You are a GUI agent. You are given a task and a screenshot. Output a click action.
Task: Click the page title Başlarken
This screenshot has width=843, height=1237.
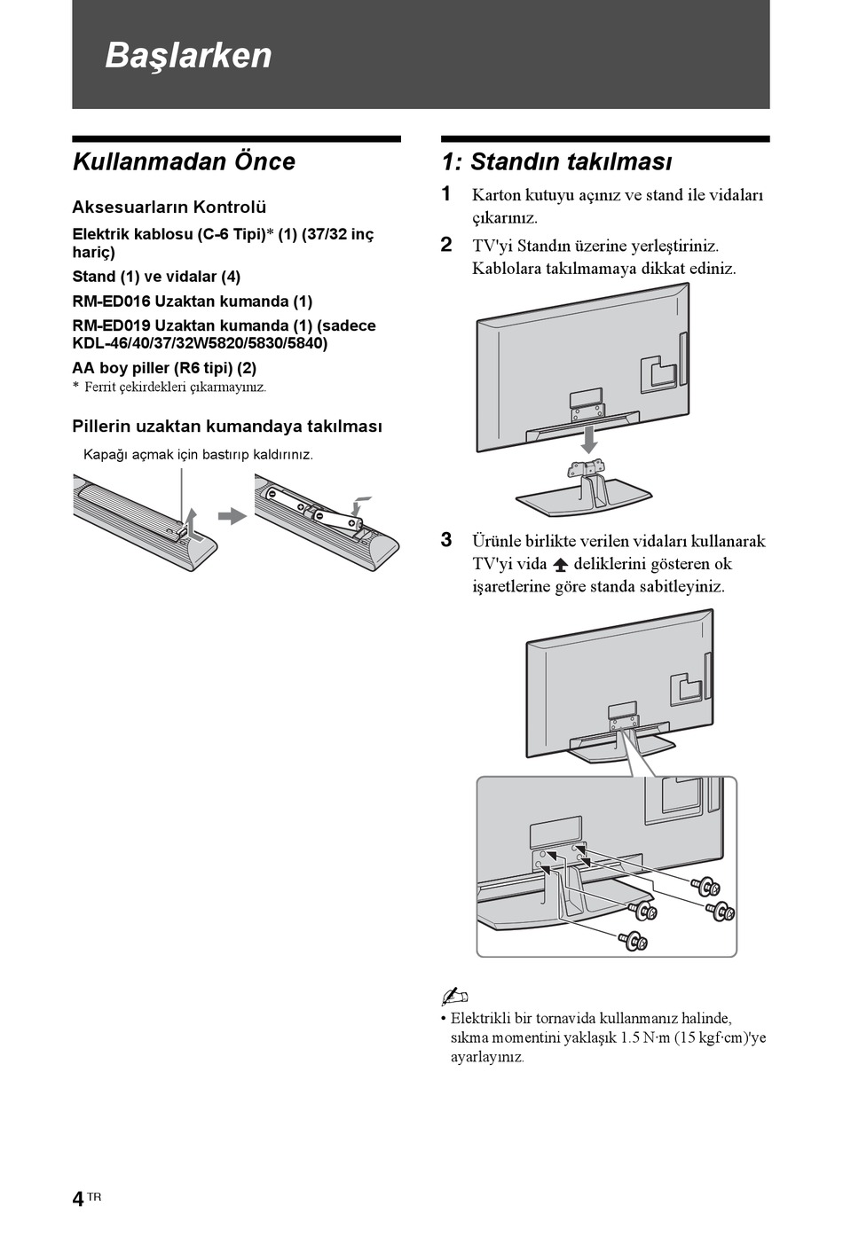coord(188,55)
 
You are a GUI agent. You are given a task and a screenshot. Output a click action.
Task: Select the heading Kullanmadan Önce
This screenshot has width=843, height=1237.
coord(183,161)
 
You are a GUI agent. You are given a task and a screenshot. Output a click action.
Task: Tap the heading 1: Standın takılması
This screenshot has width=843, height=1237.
coord(556,161)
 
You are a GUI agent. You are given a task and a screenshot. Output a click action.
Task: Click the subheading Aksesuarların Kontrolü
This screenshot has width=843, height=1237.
coord(169,207)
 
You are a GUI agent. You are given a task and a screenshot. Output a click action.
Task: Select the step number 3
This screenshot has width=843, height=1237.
coord(446,540)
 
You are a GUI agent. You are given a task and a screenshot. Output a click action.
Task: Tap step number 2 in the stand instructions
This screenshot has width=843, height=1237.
coord(446,245)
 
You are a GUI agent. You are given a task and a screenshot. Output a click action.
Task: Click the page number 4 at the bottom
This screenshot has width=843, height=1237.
coord(78,1200)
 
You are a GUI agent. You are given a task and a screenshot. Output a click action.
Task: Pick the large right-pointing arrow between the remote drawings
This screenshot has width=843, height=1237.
coord(232,516)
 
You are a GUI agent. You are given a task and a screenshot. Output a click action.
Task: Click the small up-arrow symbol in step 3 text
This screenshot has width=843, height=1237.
coord(560,565)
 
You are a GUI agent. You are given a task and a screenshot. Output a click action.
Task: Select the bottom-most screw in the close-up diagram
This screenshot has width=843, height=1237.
coord(634,939)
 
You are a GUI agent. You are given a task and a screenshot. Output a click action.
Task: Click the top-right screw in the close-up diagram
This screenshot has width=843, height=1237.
coord(706,886)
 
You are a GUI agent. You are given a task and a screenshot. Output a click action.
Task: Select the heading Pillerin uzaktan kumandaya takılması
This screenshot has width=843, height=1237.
coord(227,427)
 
